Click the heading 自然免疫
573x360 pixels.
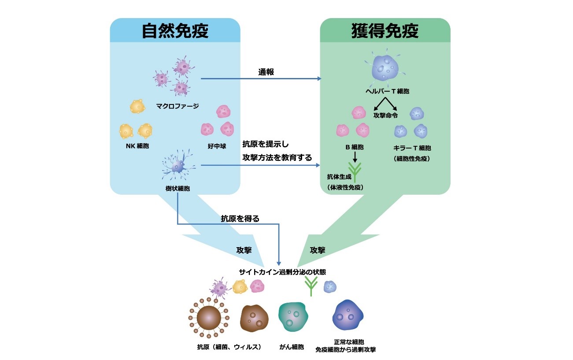[175, 31]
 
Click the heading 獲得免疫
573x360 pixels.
[385, 31]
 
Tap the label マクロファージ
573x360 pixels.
[177, 106]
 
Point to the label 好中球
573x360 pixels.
[217, 146]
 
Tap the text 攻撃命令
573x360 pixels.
[385, 115]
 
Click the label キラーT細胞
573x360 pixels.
[412, 148]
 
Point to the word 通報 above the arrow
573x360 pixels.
[266, 72]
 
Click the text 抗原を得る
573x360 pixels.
[240, 218]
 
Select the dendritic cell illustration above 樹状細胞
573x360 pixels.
[177, 165]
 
